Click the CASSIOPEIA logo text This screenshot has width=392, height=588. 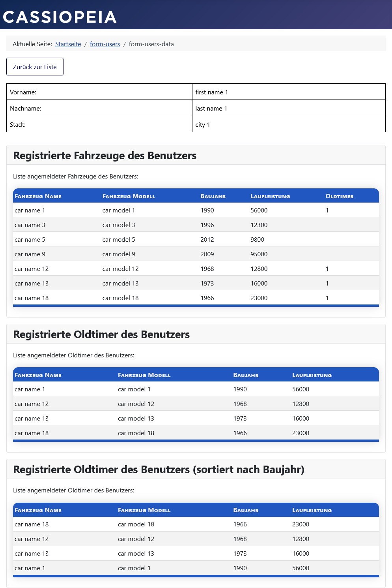pyautogui.click(x=60, y=17)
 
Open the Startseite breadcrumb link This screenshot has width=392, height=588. pyautogui.click(x=68, y=44)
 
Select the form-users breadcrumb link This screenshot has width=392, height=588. pyautogui.click(x=105, y=44)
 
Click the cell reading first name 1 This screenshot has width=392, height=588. pyautogui.click(x=211, y=92)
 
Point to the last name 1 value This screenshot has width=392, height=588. pyautogui.click(x=211, y=109)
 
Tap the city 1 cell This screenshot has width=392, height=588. pyautogui.click(x=203, y=125)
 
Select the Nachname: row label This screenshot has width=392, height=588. pyautogui.click(x=26, y=109)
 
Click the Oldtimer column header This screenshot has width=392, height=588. pyautogui.click(x=339, y=196)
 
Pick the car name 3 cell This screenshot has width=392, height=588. pyautogui.click(x=30, y=225)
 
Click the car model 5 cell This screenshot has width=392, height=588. pyautogui.click(x=119, y=240)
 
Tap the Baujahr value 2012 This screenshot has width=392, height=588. pyautogui.click(x=207, y=240)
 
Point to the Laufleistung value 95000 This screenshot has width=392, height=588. pyautogui.click(x=259, y=254)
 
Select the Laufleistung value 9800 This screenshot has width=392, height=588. pyautogui.click(x=257, y=240)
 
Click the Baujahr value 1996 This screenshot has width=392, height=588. pyautogui.click(x=207, y=225)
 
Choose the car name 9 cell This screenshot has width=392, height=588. pyautogui.click(x=30, y=254)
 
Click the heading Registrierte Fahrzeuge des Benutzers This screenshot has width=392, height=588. pyautogui.click(x=105, y=156)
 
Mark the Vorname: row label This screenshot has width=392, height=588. pyautogui.click(x=23, y=92)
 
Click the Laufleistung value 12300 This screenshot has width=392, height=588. pyautogui.click(x=259, y=225)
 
